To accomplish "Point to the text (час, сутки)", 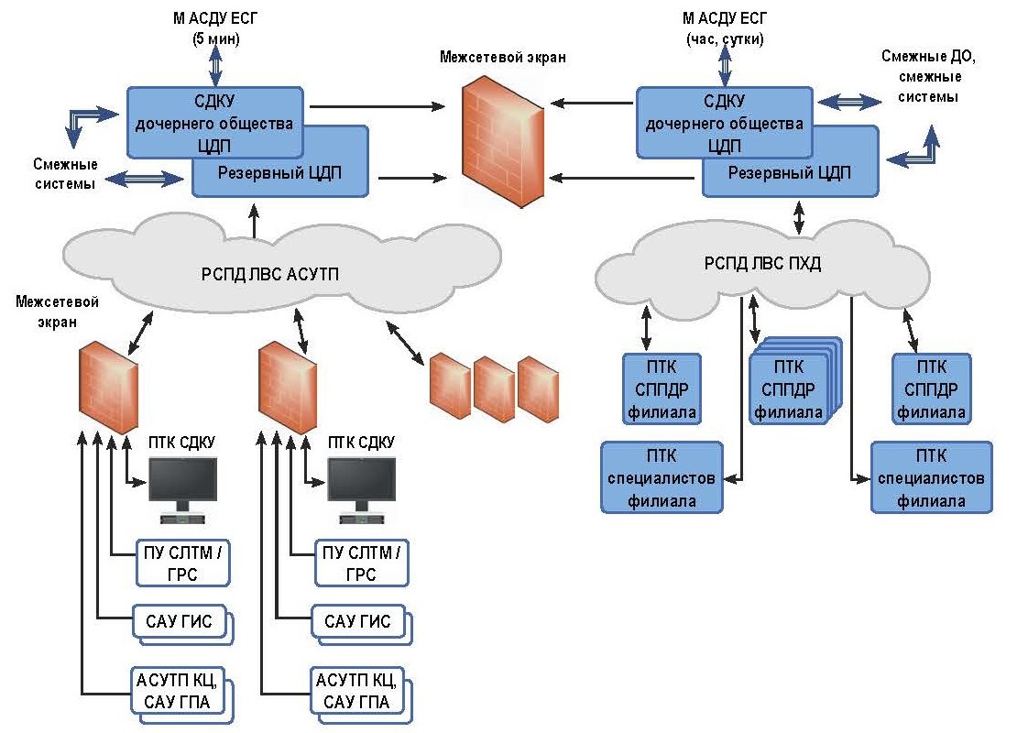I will point(725,38).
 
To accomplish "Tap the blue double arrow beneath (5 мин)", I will point(217,65).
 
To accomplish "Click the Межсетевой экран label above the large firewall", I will point(502,57).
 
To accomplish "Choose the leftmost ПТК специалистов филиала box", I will point(662,477).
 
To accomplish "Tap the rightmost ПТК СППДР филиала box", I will point(931,388).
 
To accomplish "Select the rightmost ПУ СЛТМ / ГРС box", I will point(362,563).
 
